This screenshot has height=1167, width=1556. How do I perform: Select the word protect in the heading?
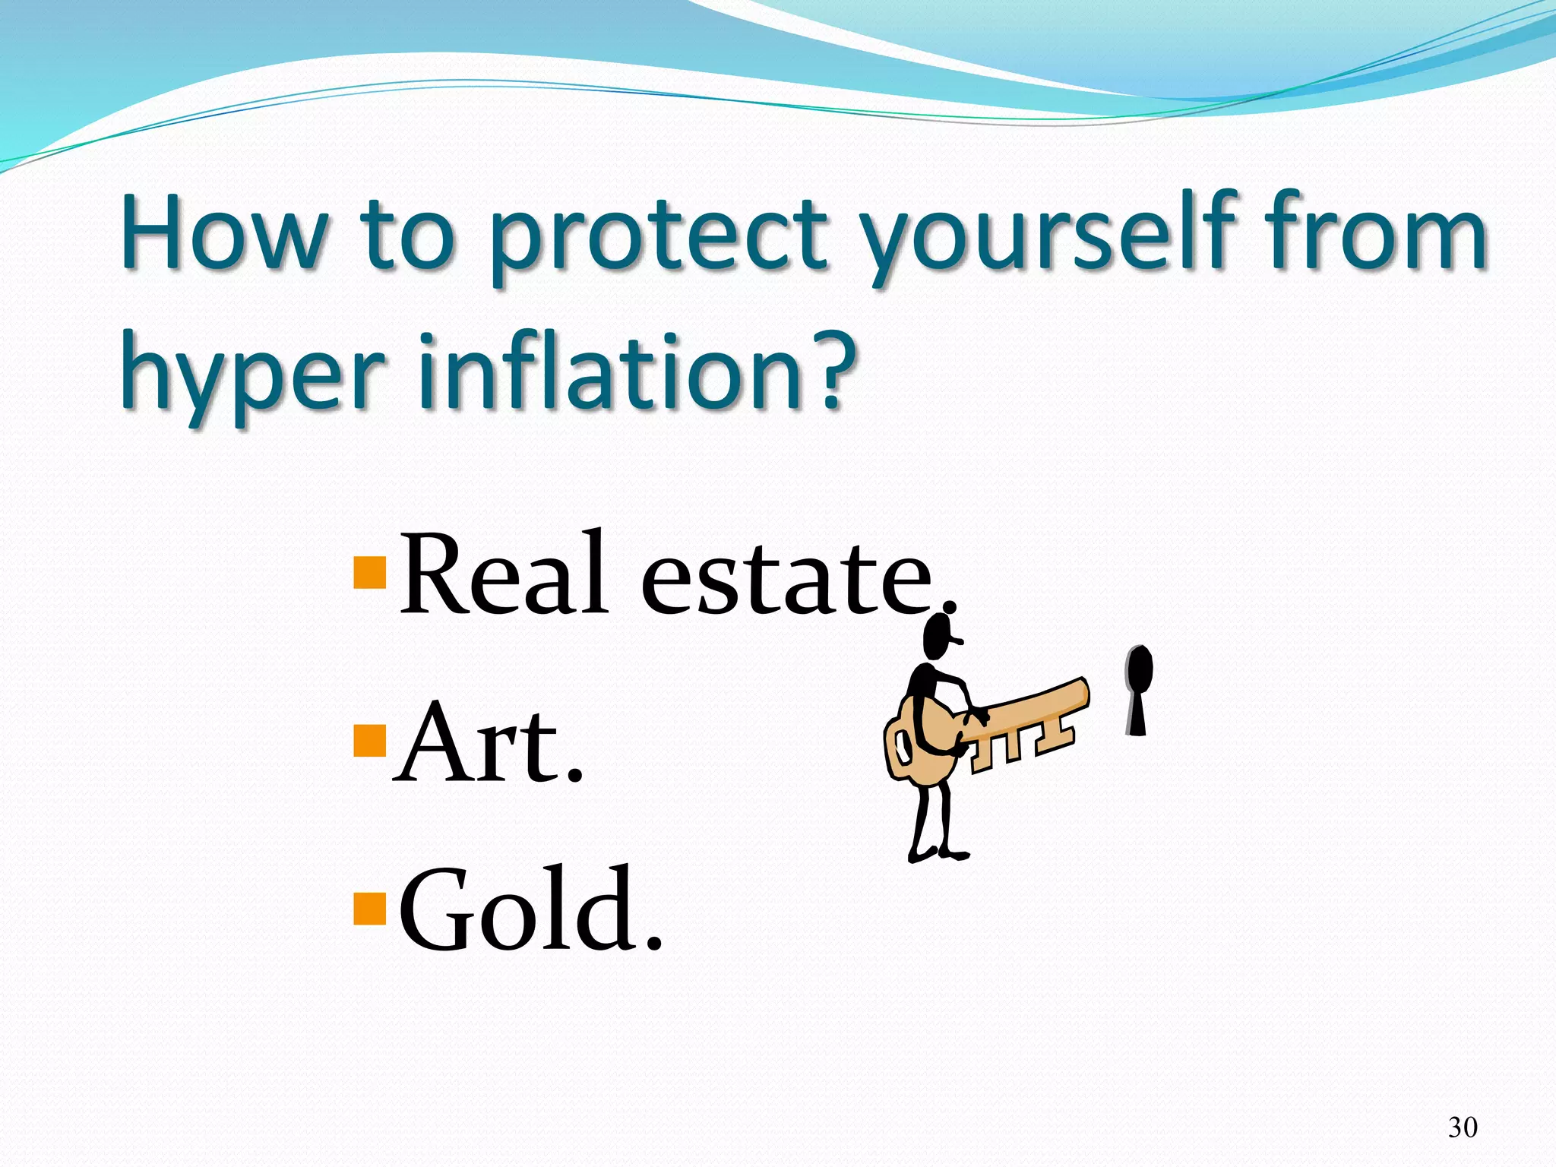656,236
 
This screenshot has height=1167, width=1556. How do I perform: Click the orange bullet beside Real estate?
370,574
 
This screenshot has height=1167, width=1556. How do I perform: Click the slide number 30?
1463,1127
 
